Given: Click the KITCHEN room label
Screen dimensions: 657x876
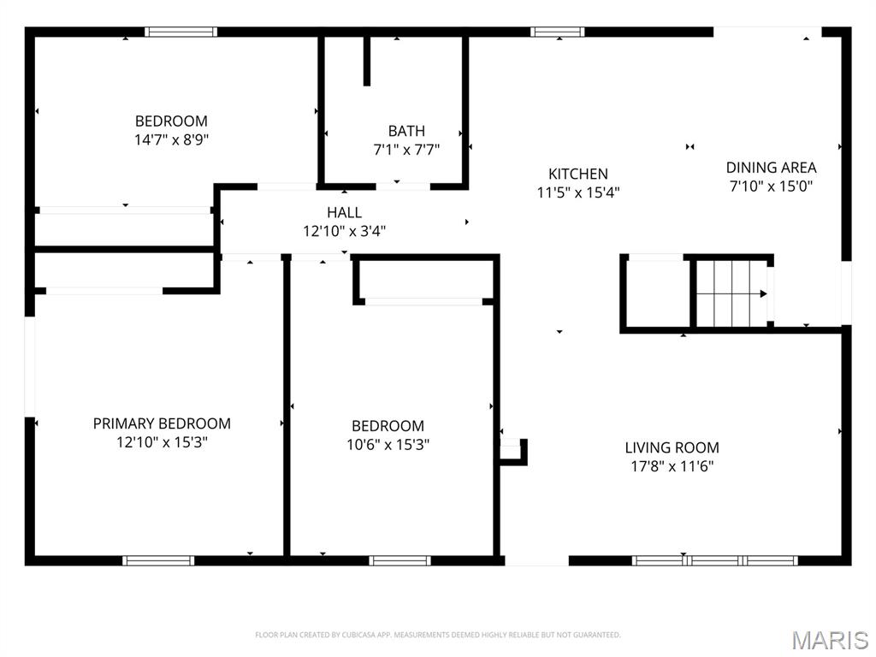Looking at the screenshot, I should point(578,174).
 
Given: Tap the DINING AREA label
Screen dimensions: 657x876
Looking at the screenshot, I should point(771,168).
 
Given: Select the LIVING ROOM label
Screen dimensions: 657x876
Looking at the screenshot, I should point(672,447).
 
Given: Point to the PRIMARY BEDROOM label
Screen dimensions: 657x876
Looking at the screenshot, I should point(162,423).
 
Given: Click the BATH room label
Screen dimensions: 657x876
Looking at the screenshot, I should point(406,131).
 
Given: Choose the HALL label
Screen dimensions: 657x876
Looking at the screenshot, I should point(344,212).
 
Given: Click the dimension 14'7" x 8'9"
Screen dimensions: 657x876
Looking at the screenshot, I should point(171,139).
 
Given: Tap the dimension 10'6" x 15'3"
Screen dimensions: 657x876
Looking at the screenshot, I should point(388,445).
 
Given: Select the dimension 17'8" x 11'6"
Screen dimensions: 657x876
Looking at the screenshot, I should point(672,467).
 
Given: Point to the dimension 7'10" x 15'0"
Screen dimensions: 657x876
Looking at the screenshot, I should point(771,186).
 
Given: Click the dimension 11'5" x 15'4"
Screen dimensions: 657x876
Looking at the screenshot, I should point(578,193).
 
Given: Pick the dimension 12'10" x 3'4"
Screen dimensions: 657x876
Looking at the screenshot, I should point(344,231).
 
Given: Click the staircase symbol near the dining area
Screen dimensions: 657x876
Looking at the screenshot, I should point(729,293).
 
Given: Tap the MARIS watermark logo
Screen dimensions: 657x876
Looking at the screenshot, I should point(829,639).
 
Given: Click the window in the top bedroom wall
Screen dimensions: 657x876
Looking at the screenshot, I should point(181,33).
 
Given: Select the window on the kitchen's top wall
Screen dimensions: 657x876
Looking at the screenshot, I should point(557,33).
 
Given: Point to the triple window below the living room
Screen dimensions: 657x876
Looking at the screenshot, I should point(714,561).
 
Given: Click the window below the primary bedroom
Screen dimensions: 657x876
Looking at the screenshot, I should point(158,561).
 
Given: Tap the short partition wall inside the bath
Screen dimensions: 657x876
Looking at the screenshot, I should point(367,60).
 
